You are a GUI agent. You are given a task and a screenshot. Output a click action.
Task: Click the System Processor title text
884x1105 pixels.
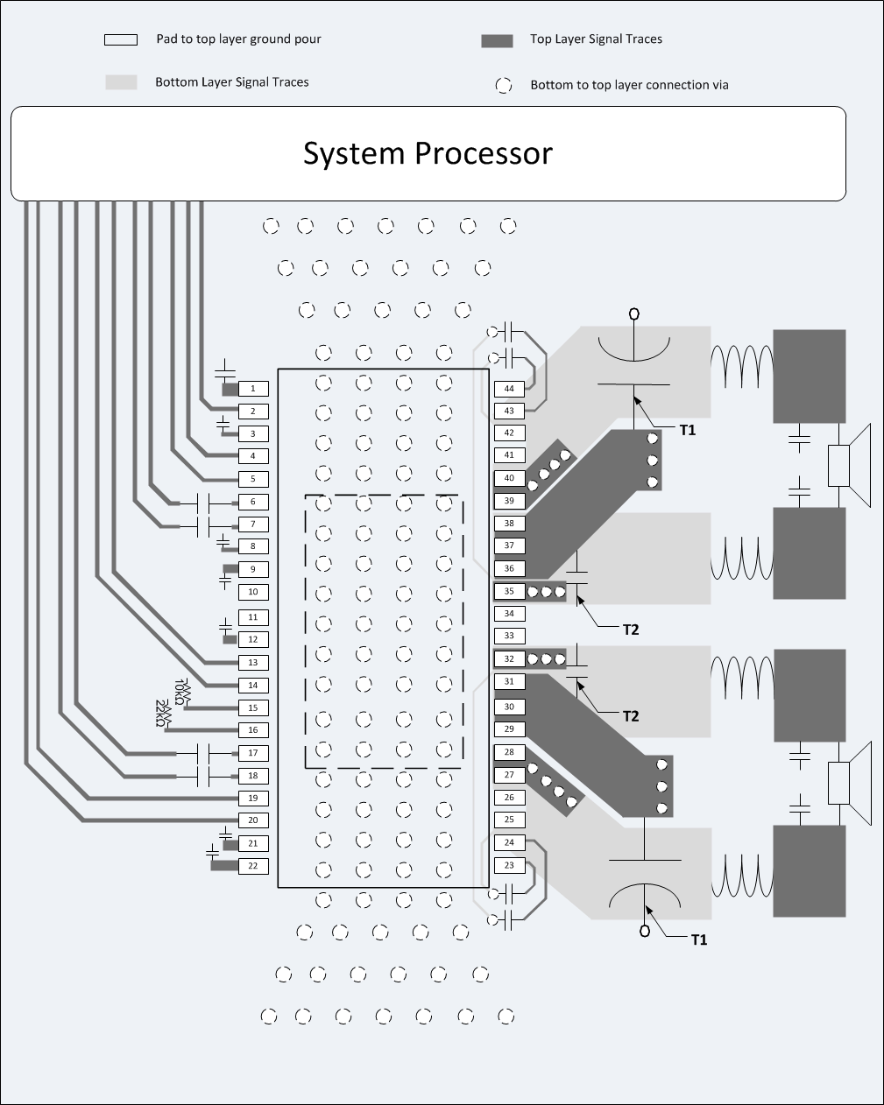coord(428,153)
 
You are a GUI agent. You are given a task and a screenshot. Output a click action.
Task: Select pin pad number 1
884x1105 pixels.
coord(253,388)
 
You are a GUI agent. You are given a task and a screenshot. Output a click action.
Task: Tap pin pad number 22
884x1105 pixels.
coord(253,865)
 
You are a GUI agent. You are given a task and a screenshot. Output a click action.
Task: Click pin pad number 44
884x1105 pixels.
coord(509,388)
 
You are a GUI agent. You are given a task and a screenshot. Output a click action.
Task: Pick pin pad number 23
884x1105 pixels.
coord(509,865)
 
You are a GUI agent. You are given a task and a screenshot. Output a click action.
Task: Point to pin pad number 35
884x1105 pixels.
coord(509,592)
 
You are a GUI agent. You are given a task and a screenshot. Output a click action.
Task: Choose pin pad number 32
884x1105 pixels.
coord(509,658)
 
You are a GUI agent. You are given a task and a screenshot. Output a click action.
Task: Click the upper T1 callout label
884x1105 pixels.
coord(688,430)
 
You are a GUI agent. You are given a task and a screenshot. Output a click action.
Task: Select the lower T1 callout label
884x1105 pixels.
coord(698,940)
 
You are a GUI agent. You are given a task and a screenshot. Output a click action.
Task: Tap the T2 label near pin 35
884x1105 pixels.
coord(630,630)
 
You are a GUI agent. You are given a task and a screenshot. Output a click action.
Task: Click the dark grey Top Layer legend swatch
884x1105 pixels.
coord(497,40)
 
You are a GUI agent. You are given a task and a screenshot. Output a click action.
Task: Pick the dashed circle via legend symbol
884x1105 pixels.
coord(503,85)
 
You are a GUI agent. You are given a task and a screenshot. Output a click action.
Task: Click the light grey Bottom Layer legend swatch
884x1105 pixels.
coord(121,82)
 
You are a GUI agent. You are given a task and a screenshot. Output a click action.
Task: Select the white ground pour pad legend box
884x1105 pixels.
coord(121,39)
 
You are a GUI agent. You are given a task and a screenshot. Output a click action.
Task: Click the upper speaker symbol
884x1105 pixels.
coord(850,465)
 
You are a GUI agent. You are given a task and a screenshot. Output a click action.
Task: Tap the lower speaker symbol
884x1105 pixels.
coord(850,783)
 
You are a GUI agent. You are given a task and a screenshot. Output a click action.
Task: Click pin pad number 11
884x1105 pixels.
coord(253,617)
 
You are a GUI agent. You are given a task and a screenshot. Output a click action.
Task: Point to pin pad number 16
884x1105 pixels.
coord(253,729)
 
